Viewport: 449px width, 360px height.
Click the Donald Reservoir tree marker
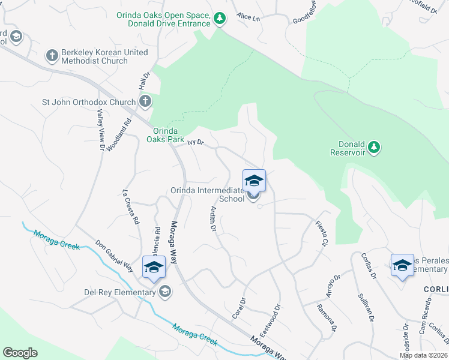pos(374,147)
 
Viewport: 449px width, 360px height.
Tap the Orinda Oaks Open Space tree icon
pos(220,19)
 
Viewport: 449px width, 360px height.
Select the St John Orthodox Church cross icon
pos(145,102)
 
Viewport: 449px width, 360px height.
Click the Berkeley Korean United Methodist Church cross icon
pos(52,56)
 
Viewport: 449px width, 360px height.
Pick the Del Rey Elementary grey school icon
pos(164,292)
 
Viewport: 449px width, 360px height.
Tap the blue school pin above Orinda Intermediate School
pos(254,181)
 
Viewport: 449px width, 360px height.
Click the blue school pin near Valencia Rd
pos(154,266)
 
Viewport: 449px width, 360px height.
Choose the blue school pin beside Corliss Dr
pos(402,265)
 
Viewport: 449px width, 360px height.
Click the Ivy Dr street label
pos(196,143)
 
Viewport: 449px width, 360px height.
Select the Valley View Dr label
pos(99,130)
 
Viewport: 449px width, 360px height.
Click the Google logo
pos(20,353)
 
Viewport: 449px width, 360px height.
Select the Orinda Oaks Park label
pos(166,135)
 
